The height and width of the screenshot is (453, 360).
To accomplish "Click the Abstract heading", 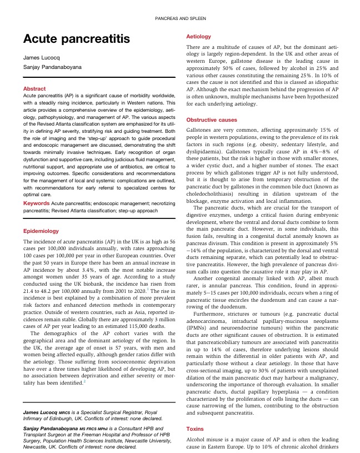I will [x=34, y=88].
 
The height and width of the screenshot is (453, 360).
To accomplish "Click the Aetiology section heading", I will [x=198, y=37].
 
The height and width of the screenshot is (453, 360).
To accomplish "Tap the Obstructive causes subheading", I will [x=211, y=120].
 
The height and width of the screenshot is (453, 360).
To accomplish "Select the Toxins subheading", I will [x=195, y=429].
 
